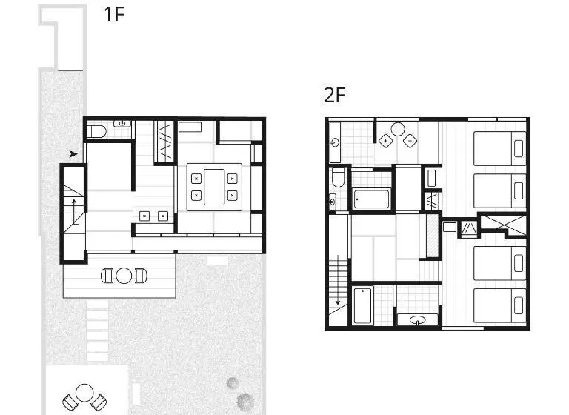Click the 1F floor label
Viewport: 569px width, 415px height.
[x=114, y=15]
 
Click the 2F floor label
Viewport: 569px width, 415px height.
[x=334, y=95]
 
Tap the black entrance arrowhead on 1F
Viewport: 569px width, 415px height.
[x=73, y=154]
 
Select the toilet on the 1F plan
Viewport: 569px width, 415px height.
[x=96, y=131]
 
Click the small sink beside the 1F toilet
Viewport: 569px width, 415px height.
[x=122, y=124]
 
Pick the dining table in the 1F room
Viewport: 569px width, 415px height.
[x=214, y=187]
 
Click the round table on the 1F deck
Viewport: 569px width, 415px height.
[x=124, y=276]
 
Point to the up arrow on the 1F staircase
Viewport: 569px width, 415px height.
[x=74, y=211]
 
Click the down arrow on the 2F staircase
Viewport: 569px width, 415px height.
[x=338, y=280]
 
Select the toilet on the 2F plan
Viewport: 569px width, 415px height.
[x=338, y=177]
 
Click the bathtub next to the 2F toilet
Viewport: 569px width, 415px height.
[x=372, y=199]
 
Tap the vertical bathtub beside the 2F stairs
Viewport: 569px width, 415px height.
[x=362, y=305]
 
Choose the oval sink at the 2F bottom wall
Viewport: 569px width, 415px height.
[x=417, y=320]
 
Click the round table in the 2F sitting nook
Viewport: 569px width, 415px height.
[x=398, y=129]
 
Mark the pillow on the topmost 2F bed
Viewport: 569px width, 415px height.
[x=519, y=148]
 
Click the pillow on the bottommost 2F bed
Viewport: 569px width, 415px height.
[x=519, y=305]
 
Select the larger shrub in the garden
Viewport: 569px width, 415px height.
[x=245, y=401]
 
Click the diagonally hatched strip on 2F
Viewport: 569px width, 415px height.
[x=432, y=236]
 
